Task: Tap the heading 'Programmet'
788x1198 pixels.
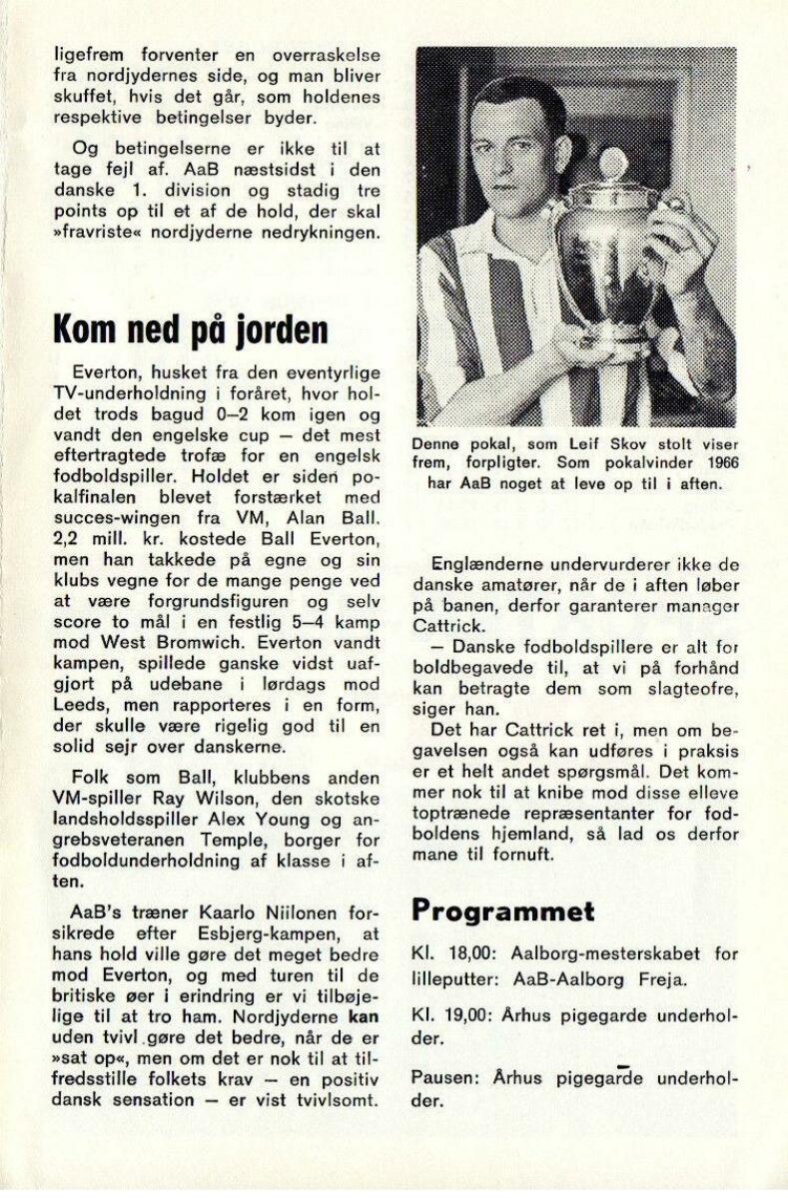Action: coord(502,910)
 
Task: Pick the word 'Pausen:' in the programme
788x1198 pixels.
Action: coord(440,1075)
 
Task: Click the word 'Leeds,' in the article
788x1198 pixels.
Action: coord(80,686)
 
